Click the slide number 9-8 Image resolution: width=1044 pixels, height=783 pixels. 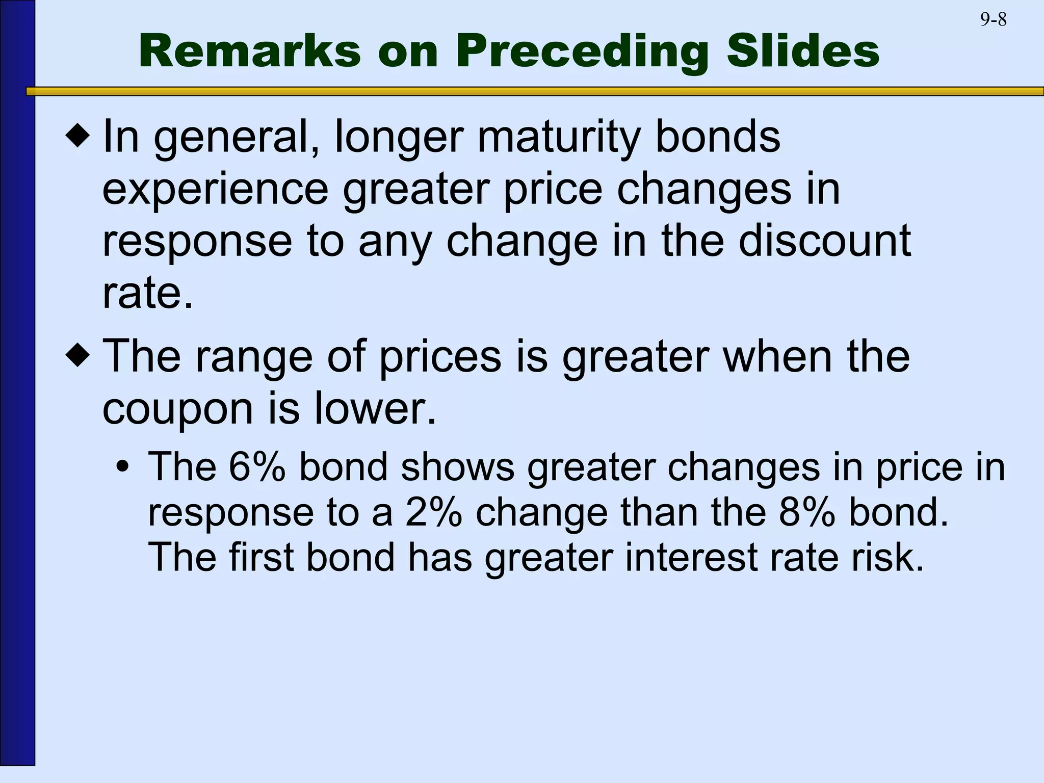tap(993, 20)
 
